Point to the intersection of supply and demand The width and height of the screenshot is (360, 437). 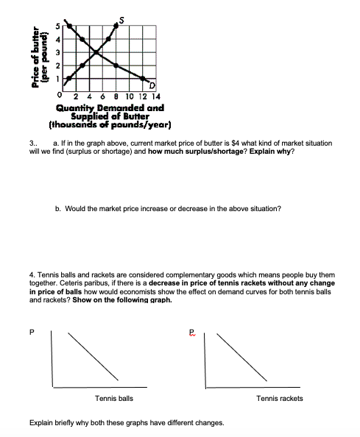click(98, 52)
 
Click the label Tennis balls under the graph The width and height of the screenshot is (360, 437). click(114, 398)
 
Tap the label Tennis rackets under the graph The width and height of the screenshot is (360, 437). click(279, 398)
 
